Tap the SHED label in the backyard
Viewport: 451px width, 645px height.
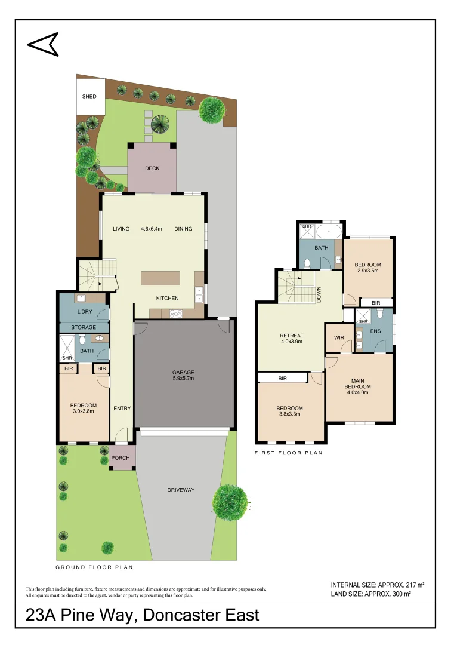(89, 96)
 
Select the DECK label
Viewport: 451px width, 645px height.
(152, 168)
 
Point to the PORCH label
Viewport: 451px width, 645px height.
(121, 458)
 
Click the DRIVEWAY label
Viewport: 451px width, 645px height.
(182, 490)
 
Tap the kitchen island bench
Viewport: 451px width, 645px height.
(160, 279)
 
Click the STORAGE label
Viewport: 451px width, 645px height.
(84, 327)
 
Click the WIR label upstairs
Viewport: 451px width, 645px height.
(339, 337)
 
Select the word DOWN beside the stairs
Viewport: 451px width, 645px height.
(319, 294)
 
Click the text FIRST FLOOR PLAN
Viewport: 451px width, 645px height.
(288, 453)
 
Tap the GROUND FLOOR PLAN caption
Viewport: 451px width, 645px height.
(94, 567)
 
